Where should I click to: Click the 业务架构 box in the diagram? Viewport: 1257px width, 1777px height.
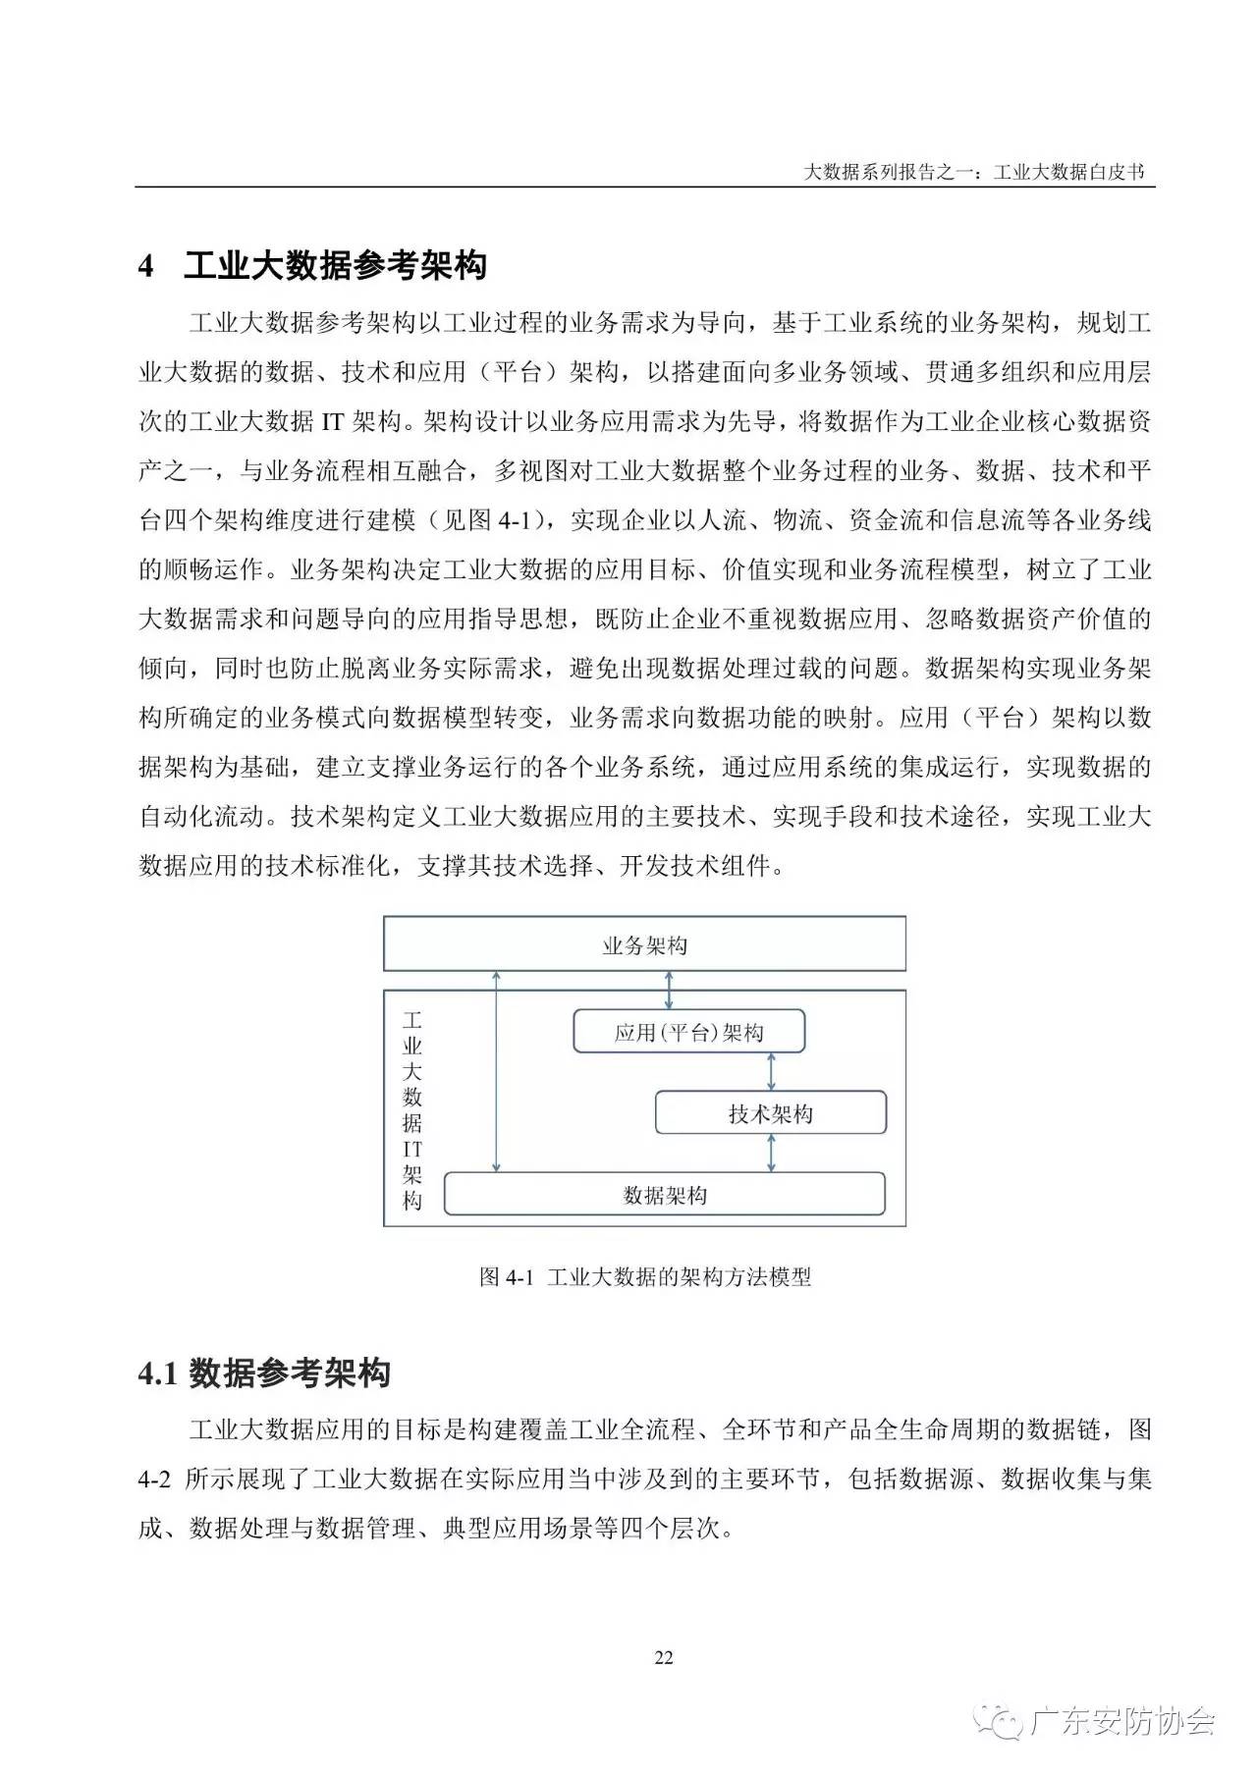point(644,944)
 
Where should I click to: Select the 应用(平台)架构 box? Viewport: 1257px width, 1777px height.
point(688,1032)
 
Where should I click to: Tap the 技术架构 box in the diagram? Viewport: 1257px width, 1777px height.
point(770,1113)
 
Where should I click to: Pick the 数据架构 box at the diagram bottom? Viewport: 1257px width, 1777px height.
point(664,1195)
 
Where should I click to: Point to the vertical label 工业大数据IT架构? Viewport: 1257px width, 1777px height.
point(412,1109)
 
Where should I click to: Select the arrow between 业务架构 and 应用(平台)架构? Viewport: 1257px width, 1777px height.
point(670,990)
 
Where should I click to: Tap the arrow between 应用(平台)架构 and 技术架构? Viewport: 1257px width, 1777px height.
point(771,1072)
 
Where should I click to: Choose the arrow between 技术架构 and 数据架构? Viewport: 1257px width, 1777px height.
point(771,1154)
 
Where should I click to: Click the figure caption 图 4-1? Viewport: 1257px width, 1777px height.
point(644,1276)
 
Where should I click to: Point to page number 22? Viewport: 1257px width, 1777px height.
point(664,1657)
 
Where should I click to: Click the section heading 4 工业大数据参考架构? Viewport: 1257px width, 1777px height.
point(312,265)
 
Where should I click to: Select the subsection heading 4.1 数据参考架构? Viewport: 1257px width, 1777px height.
point(264,1373)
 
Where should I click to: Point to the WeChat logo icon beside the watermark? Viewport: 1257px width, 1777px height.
point(1003,1722)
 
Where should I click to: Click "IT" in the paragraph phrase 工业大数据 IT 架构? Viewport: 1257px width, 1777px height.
point(332,422)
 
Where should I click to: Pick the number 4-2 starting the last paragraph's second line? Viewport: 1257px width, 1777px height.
point(155,1479)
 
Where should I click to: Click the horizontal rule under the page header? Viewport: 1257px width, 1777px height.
point(644,187)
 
